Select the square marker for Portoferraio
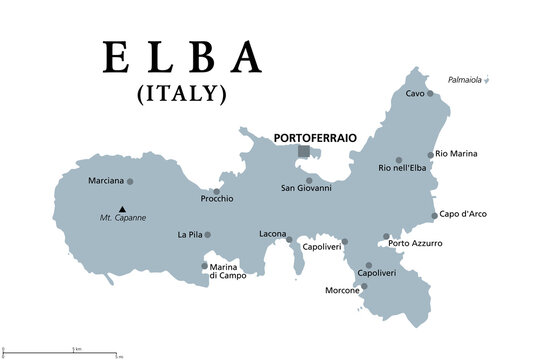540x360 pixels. [303, 151]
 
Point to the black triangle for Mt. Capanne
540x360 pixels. [122, 209]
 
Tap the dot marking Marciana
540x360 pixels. [130, 181]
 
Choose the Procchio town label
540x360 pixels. [216, 199]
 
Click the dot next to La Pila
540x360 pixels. [208, 235]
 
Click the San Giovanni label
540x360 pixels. [305, 189]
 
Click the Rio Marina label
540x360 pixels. [457, 154]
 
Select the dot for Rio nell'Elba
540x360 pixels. [398, 160]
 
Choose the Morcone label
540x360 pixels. [343, 291]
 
